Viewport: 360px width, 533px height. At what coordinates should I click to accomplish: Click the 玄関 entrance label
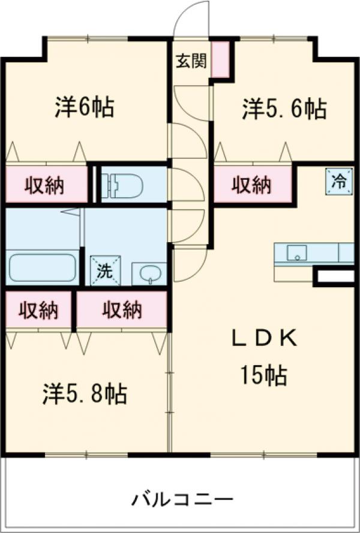(190, 61)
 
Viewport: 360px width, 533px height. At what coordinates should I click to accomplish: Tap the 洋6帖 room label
(85, 107)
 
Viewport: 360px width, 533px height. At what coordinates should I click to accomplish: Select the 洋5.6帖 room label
(284, 109)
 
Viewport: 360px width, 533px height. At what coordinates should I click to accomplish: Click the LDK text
(265, 339)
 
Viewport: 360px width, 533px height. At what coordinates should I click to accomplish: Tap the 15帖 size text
(264, 376)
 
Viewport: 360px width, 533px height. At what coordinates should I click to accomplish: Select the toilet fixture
(122, 185)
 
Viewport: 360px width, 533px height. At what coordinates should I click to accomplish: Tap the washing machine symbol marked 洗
(105, 270)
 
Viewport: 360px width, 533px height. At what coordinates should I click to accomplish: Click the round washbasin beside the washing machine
(148, 274)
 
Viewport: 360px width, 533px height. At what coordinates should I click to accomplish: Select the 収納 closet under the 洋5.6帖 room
(252, 184)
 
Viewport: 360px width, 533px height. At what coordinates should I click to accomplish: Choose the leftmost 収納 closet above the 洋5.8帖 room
(38, 310)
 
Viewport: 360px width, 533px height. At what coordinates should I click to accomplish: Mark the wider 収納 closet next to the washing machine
(121, 310)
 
